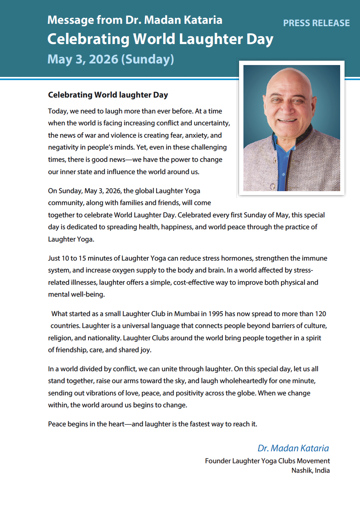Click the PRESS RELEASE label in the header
[x=316, y=23]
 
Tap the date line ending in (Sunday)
[x=111, y=59]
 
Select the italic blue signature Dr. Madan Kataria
[x=293, y=448]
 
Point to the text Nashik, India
[x=310, y=471]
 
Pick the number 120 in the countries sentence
[x=320, y=314]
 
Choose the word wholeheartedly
[x=241, y=381]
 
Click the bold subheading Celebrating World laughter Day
[x=108, y=95]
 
